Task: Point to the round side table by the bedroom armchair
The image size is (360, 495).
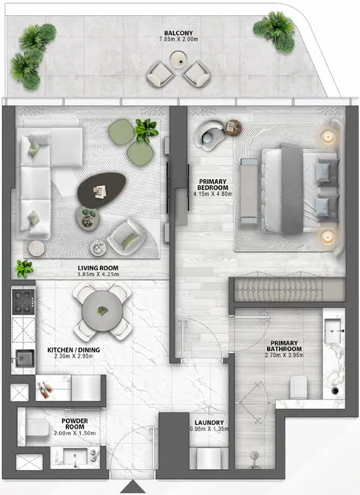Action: click(x=232, y=128)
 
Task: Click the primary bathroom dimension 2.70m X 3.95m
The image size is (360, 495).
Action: click(x=284, y=356)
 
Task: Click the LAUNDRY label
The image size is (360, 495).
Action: click(x=209, y=423)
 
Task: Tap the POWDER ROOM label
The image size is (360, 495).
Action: click(x=74, y=424)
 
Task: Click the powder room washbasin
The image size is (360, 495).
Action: click(x=73, y=458)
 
